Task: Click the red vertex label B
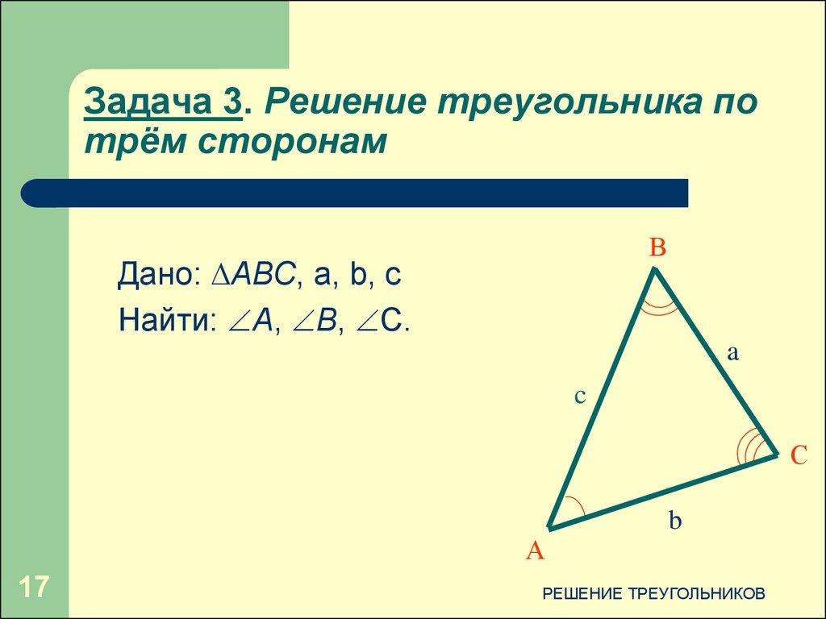[658, 248]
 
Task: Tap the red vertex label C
[798, 456]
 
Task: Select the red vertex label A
[536, 551]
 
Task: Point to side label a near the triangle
[733, 352]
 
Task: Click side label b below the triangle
[675, 521]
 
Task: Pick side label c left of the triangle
[579, 396]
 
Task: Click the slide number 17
[35, 587]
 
